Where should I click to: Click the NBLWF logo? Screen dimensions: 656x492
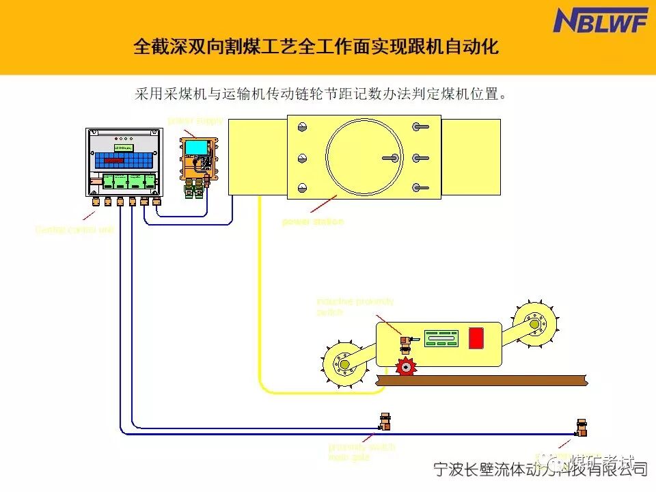point(600,20)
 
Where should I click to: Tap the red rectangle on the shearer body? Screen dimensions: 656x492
point(476,338)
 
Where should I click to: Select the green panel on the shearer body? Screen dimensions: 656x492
point(440,338)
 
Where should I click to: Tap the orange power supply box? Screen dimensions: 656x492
point(198,159)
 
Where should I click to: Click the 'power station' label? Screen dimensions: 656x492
point(312,221)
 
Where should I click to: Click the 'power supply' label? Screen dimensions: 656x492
point(195,121)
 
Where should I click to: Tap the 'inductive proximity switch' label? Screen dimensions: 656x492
point(355,306)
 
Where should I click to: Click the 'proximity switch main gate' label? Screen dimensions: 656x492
point(361,452)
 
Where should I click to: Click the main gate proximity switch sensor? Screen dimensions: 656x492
point(385,422)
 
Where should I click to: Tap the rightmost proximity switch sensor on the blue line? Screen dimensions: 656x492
point(582,428)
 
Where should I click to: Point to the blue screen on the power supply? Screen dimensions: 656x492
point(197,147)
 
